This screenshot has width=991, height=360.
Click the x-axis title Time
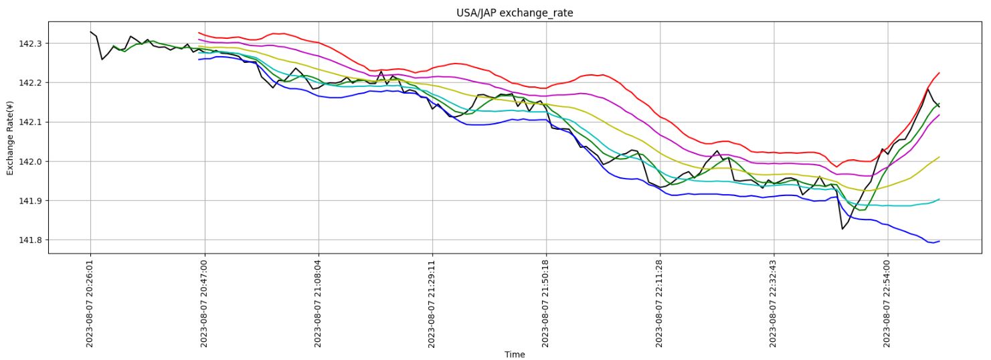(515, 355)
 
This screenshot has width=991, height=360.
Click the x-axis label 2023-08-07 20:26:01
(90, 304)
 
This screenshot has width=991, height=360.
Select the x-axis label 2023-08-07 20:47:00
(205, 304)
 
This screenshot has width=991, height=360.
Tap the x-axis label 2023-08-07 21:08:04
(319, 304)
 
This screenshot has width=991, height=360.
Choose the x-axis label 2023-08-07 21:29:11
(432, 304)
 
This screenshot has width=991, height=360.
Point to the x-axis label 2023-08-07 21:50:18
(546, 304)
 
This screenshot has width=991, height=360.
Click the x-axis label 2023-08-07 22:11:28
(660, 304)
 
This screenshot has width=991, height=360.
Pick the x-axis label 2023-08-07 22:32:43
(774, 304)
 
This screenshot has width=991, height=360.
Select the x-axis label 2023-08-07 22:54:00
(888, 304)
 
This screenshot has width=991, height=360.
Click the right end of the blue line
(939, 241)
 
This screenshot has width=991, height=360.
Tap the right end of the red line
(939, 73)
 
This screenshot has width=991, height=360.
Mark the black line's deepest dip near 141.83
(842, 229)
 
